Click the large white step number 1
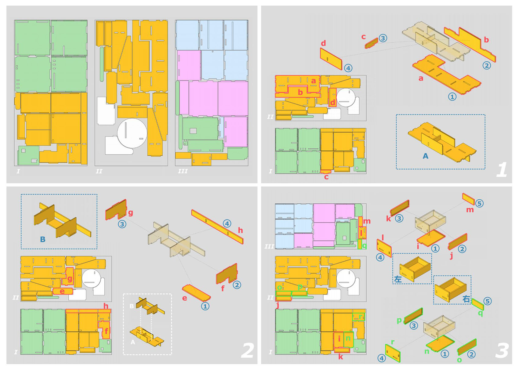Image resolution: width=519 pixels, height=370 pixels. (502, 170)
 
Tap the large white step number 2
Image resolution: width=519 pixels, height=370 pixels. (247, 350)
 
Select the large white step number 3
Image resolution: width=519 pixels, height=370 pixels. (502, 350)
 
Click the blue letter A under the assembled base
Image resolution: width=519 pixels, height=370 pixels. (425, 156)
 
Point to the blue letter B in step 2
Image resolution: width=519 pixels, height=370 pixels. (43, 239)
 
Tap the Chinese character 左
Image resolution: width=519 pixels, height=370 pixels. (398, 279)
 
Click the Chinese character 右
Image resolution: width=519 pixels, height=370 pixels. (466, 299)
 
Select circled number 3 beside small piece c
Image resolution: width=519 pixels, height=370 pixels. (383, 38)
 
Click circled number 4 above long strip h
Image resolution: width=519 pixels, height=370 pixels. (227, 223)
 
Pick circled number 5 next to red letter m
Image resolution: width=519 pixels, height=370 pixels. (479, 203)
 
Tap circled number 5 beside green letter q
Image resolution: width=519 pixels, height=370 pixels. (488, 301)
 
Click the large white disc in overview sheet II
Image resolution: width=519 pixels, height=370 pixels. (132, 133)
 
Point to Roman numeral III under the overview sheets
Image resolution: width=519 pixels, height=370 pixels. (183, 171)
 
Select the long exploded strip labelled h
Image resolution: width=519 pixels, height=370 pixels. (217, 227)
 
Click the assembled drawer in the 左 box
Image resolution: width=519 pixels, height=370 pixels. (414, 269)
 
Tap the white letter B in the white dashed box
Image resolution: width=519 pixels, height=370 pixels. (132, 306)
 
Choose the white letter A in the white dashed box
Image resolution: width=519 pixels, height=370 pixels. (133, 342)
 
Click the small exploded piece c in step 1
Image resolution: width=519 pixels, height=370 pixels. (372, 43)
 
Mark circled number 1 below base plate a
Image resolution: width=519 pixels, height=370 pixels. (452, 96)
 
